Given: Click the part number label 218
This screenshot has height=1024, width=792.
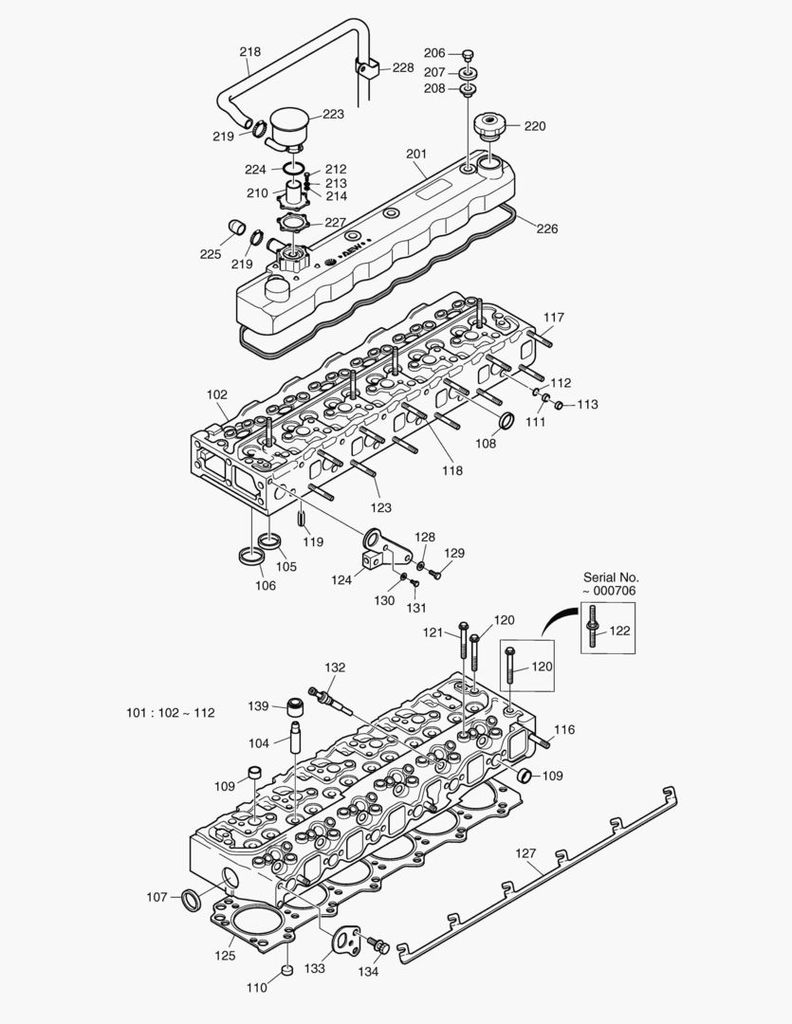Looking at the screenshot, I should (249, 52).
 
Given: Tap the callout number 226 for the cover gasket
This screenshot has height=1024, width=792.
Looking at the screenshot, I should (546, 229).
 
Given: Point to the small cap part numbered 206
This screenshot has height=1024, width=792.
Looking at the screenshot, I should (468, 54).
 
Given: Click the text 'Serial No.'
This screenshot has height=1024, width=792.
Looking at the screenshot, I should (610, 576).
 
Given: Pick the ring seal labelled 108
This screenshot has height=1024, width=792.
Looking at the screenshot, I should (507, 421).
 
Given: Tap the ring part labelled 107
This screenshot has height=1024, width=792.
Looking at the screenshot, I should (191, 898).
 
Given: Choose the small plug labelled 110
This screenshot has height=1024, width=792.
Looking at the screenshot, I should (286, 972).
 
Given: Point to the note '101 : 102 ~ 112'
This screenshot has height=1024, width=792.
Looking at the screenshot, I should (170, 712).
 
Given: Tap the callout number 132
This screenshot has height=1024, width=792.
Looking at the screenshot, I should (335, 667).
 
